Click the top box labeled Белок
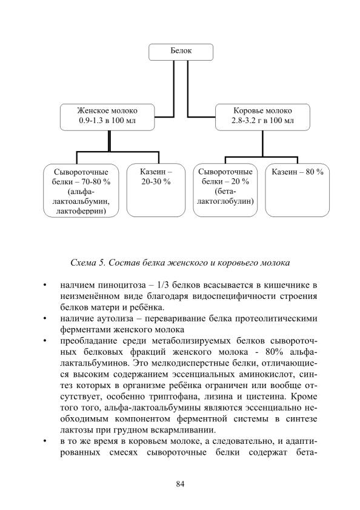coord(181,52)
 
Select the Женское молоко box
coord(107,117)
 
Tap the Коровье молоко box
coord(262,117)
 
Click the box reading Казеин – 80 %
coord(297,190)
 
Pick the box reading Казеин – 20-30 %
coord(156,190)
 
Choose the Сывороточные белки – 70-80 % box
coord(81,190)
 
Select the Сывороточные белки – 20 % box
coord(225,190)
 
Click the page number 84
coord(180,484)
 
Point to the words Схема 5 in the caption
coord(87,263)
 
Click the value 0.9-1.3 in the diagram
coord(91,120)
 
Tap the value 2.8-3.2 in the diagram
coord(243,120)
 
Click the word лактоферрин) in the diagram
coord(81,211)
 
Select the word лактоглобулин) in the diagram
coord(225,201)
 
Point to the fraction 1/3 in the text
coord(162,285)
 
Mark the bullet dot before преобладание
coord(45,341)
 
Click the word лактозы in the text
coord(73,430)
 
